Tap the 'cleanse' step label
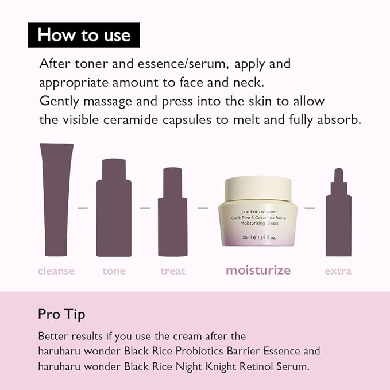[x=56, y=271]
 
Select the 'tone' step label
[x=114, y=271]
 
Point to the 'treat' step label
[x=173, y=271]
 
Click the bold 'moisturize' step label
[x=258, y=270]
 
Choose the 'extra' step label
[x=338, y=271]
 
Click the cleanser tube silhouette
[x=56, y=198]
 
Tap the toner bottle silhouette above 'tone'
[x=114, y=207]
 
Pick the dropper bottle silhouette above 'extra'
[x=338, y=215]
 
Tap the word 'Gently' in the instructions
[x=57, y=101]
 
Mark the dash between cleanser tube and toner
[x=83, y=207]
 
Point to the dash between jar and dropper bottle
[x=310, y=207]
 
